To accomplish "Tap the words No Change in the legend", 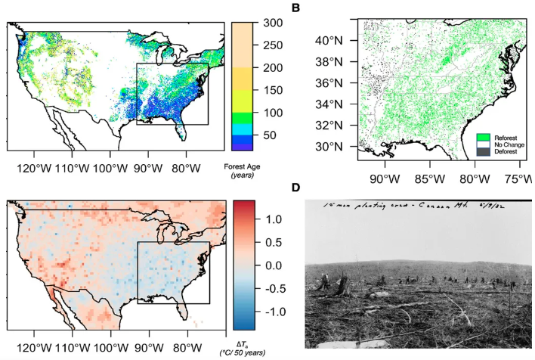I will pyautogui.click(x=509, y=144).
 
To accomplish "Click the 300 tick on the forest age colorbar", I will pyautogui.click(x=274, y=23).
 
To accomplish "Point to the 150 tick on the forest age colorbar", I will pyautogui.click(x=274, y=90).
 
